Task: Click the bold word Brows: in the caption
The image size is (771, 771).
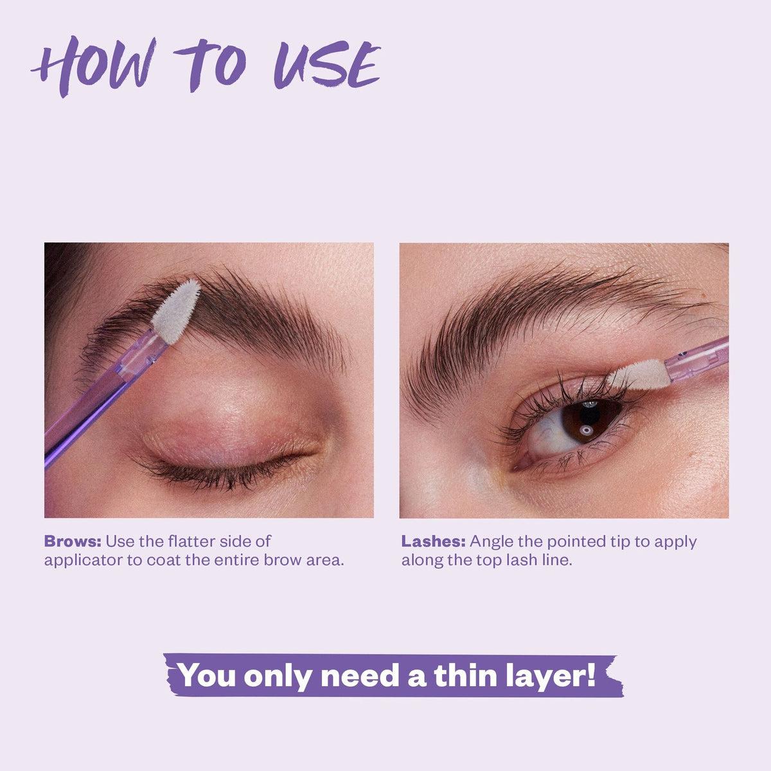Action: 73,541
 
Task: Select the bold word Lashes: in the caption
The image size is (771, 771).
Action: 434,541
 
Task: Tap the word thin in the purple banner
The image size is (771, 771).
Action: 458,675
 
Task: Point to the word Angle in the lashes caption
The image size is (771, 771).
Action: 491,542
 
